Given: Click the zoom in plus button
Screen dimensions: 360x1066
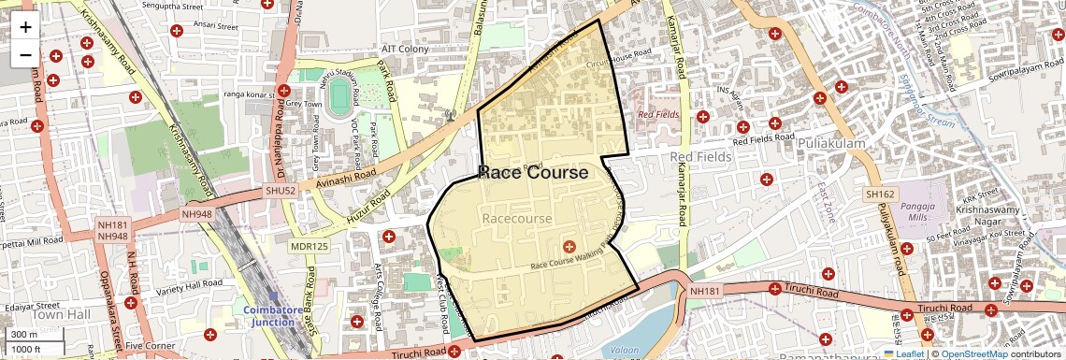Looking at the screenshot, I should [x=25, y=27].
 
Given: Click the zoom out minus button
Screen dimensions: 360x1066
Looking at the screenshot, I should [x=25, y=55].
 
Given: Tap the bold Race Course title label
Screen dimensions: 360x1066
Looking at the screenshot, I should [x=533, y=173].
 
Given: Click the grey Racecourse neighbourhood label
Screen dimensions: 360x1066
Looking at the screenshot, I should [x=516, y=218].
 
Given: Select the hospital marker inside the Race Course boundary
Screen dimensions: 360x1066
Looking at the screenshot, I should [x=569, y=246].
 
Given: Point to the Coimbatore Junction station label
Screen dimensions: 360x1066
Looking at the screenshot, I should [x=273, y=316].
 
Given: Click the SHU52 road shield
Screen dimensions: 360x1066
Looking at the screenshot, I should [x=279, y=191].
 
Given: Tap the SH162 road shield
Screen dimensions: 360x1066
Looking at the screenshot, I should [x=880, y=194].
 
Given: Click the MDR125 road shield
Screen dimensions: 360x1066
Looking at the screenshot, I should [x=309, y=247].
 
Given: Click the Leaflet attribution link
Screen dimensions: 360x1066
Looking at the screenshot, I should [x=904, y=353].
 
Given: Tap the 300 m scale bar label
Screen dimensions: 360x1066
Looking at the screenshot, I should [x=24, y=335].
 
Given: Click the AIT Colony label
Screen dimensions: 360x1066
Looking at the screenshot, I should [x=404, y=49].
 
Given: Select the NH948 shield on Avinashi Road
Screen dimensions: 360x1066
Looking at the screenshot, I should [x=198, y=213].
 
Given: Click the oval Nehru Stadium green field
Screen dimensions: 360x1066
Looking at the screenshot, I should [x=338, y=97].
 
